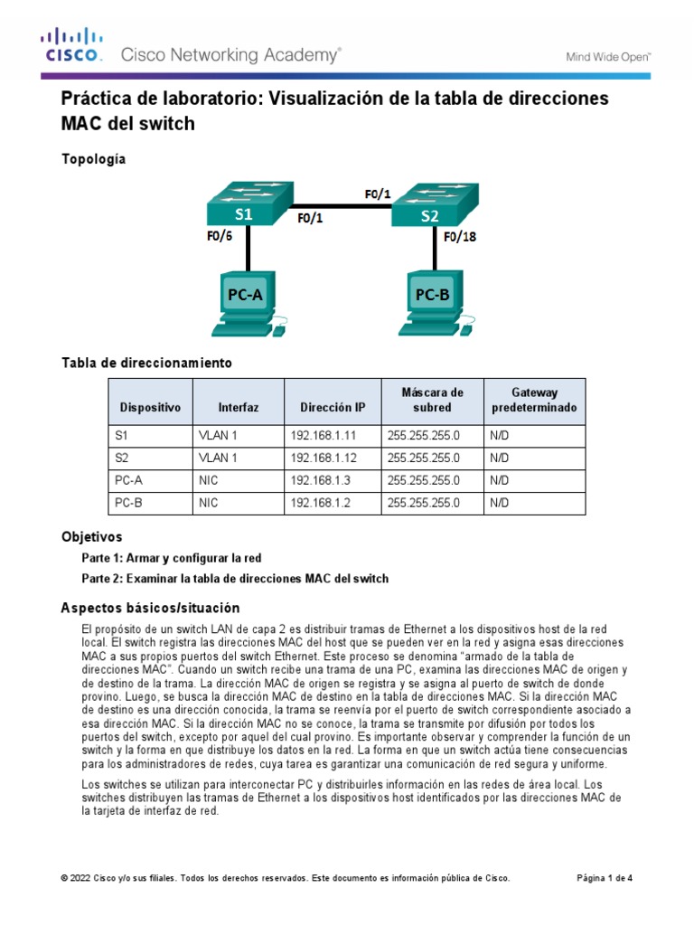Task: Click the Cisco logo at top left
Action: (x=71, y=46)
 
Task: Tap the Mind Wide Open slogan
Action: (x=608, y=56)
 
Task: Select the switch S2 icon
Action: (x=435, y=205)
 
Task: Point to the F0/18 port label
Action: (x=459, y=237)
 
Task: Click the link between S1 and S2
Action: (x=342, y=205)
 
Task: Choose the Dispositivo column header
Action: (x=150, y=408)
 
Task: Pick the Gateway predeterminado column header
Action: (x=535, y=401)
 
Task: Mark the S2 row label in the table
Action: (x=123, y=457)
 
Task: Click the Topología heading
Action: (x=93, y=159)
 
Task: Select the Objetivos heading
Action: (x=91, y=536)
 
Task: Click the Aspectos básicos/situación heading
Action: (x=150, y=607)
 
